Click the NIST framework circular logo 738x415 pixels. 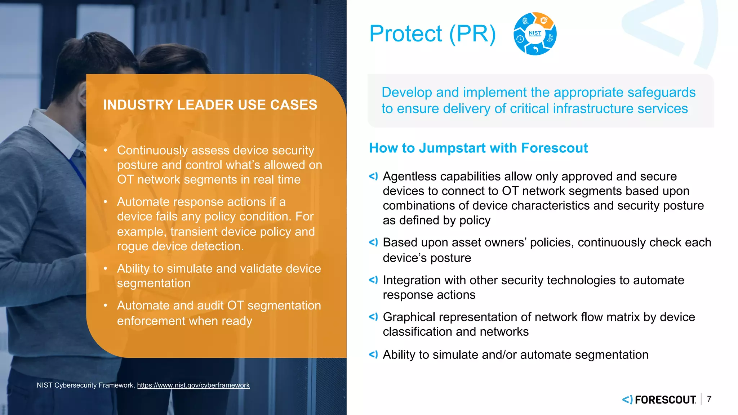[x=535, y=34]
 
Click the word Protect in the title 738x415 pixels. [x=405, y=34]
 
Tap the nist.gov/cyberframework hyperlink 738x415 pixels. [x=193, y=385]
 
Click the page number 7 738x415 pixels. [x=709, y=399]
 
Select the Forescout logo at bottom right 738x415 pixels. [x=659, y=400]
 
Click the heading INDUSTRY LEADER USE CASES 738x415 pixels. [x=210, y=105]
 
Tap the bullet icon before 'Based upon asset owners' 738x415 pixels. [x=373, y=242]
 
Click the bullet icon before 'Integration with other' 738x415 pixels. [x=373, y=280]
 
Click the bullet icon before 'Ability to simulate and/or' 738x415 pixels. [x=373, y=354]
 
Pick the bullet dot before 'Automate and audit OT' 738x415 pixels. [x=106, y=306]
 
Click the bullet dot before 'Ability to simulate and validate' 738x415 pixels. [x=106, y=269]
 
